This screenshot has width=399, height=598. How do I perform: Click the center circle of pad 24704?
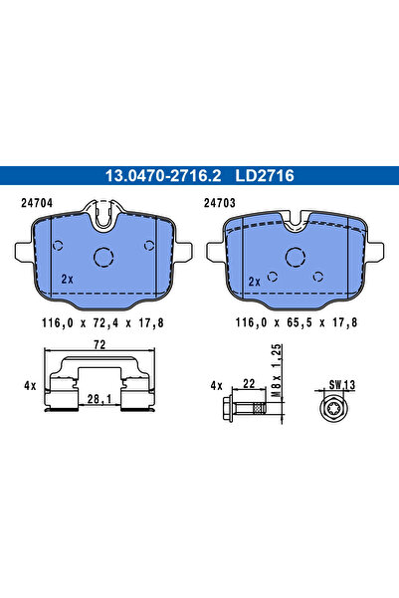(104, 256)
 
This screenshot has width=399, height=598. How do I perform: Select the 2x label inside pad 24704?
(67, 280)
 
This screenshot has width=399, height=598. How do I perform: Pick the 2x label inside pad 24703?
(254, 282)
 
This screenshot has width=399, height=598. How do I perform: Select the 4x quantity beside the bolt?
(216, 384)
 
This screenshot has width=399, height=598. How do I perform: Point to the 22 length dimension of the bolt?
(249, 382)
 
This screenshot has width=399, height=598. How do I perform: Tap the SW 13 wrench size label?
(340, 383)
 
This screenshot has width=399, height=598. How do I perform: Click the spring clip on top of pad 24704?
(104, 213)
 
